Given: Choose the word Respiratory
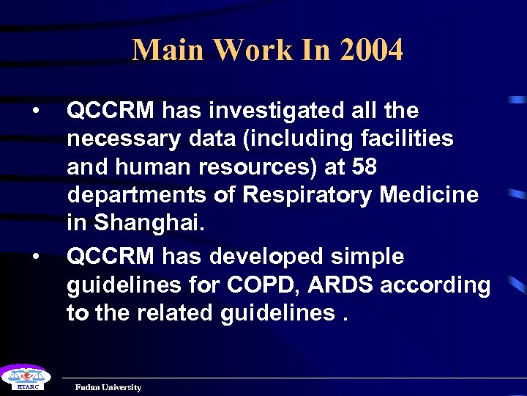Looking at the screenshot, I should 310,196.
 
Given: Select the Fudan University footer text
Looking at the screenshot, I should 108,387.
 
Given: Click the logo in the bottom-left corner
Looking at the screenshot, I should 23,378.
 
